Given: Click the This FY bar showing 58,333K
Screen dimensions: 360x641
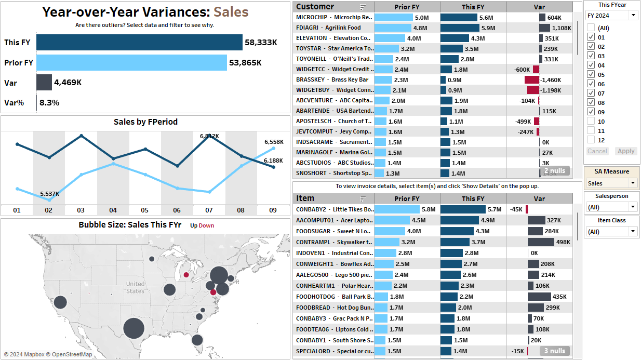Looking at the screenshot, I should (139, 43).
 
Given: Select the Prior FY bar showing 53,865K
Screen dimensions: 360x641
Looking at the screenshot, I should (131, 62).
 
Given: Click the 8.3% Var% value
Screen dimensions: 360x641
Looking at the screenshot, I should (49, 102).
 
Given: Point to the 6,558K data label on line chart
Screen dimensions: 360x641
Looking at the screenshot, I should (274, 142).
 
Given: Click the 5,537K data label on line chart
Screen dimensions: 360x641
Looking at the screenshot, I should (49, 194).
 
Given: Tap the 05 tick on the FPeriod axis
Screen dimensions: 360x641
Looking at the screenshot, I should (144, 210).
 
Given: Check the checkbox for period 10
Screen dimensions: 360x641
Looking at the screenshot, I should (591, 121).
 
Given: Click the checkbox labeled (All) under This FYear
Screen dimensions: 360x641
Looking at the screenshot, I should (591, 28).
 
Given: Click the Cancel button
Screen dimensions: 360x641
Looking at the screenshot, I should (597, 151).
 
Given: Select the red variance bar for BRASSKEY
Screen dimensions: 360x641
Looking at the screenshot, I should (531, 79).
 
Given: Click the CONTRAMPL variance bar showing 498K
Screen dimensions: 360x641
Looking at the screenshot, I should (541, 242).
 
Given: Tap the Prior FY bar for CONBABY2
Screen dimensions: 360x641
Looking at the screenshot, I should (397, 209).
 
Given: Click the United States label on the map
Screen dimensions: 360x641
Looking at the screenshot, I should (135, 287).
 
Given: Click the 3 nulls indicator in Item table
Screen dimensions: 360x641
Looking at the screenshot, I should (554, 351).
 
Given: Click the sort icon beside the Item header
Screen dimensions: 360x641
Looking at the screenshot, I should (363, 198).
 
